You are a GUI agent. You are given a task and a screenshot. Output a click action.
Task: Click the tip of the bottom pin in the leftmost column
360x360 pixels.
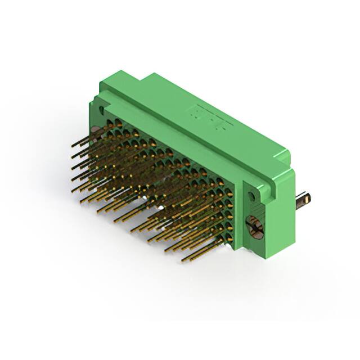pos(73,191)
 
